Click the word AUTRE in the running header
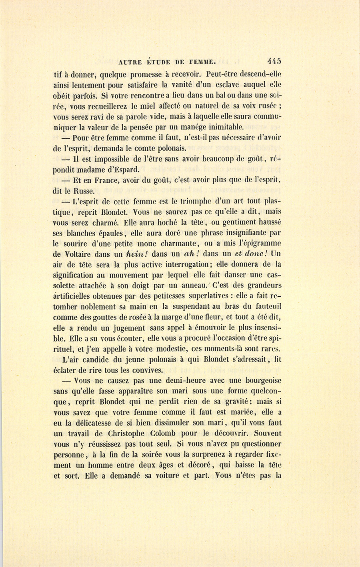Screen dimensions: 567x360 tap(130, 62)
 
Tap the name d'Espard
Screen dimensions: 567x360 tap(120, 169)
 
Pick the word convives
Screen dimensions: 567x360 tap(149, 370)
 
